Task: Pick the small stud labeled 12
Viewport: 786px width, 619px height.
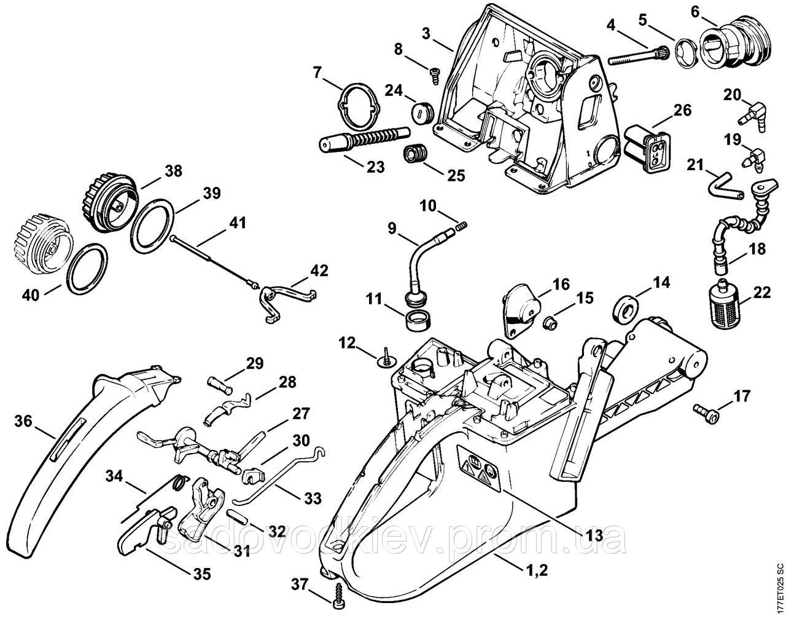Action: tap(387, 358)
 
